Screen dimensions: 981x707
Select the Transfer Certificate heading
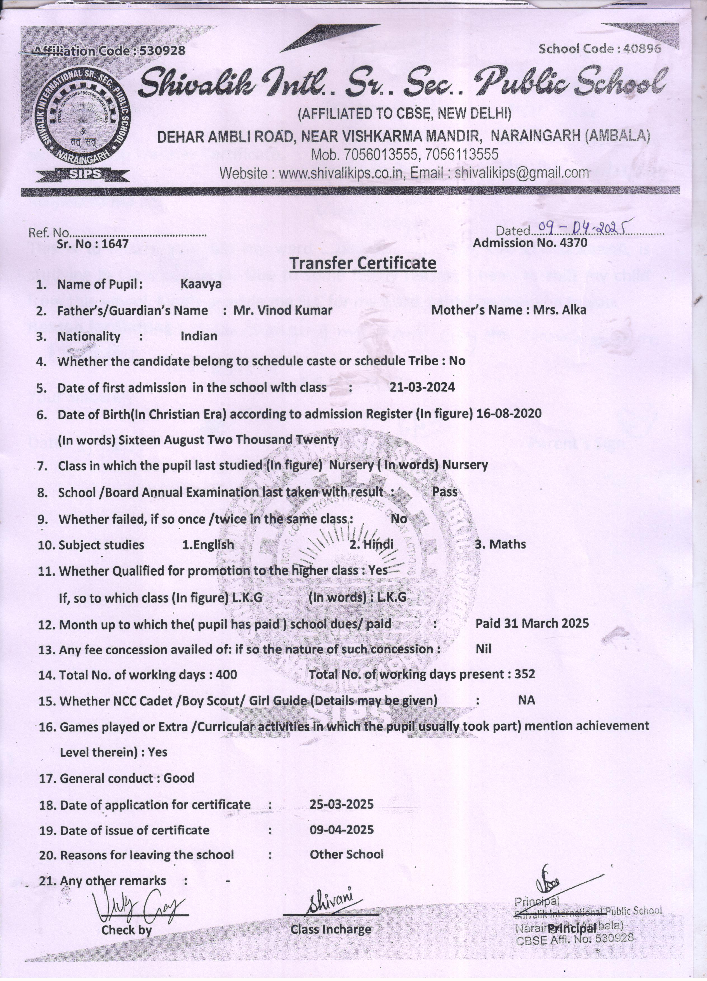pyautogui.click(x=362, y=263)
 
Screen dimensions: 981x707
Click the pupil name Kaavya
pyautogui.click(x=201, y=284)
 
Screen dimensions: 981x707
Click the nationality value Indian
pyautogui.click(x=199, y=336)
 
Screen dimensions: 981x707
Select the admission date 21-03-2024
pyautogui.click(x=422, y=387)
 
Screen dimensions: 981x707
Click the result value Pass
pyautogui.click(x=444, y=492)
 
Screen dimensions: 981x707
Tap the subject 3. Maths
pyautogui.click(x=500, y=544)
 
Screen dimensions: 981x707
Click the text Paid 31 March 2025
pyautogui.click(x=532, y=623)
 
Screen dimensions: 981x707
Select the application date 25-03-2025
pyautogui.click(x=341, y=804)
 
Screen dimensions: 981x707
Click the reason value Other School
pyautogui.click(x=346, y=854)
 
